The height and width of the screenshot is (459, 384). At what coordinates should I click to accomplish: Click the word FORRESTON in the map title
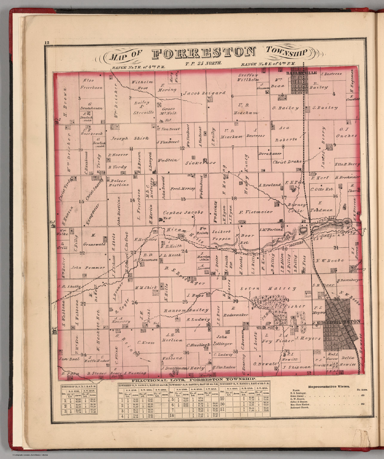[x=204, y=53]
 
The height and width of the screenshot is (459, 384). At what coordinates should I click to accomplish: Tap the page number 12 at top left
[x=47, y=42]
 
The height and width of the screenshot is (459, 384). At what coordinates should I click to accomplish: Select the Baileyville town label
[x=298, y=73]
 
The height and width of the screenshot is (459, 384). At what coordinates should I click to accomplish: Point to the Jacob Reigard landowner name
[x=205, y=93]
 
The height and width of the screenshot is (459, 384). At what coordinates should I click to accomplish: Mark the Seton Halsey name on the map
[x=268, y=288]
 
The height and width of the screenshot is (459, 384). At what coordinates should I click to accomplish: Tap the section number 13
[x=183, y=199]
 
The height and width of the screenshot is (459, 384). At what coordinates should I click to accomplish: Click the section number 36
[x=186, y=353]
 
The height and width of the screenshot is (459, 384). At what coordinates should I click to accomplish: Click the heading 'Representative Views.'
[x=329, y=386]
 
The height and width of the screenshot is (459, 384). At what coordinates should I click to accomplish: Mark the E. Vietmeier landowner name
[x=256, y=212]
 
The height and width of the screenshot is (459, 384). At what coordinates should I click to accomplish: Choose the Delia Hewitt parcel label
[x=348, y=361]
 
